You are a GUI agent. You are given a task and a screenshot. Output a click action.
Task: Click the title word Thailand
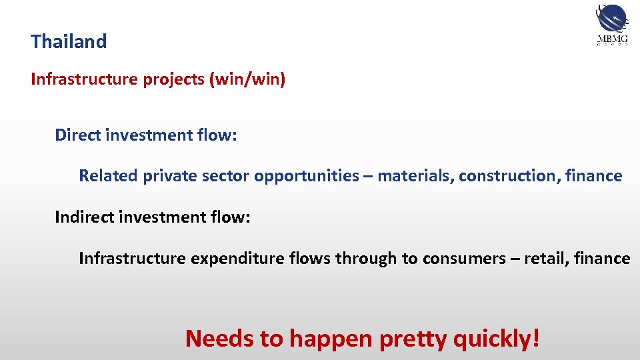(69, 41)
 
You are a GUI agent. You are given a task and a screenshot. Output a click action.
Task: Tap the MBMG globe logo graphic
(611, 18)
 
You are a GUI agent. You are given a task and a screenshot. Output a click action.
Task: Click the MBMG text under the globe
(611, 39)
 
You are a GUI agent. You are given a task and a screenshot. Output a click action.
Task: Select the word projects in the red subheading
(172, 80)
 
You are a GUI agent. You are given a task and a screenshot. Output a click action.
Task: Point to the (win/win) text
(247, 80)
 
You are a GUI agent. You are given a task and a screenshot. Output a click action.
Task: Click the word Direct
(79, 135)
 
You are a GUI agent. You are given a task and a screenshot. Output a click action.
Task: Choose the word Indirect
(85, 217)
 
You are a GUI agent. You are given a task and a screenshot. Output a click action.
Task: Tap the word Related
(107, 176)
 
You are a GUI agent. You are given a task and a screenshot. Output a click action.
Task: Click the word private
(164, 176)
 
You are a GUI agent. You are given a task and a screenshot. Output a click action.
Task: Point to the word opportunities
(307, 176)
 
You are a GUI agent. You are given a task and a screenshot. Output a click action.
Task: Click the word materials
(415, 176)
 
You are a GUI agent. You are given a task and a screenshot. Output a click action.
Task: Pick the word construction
(509, 176)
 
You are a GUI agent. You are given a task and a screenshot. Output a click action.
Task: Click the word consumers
(463, 259)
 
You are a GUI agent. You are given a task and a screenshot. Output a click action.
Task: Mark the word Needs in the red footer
(219, 339)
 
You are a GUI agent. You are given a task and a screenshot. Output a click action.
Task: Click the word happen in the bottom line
(331, 339)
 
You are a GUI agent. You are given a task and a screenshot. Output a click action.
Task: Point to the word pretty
(413, 339)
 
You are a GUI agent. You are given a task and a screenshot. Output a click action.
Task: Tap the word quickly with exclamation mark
(496, 339)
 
